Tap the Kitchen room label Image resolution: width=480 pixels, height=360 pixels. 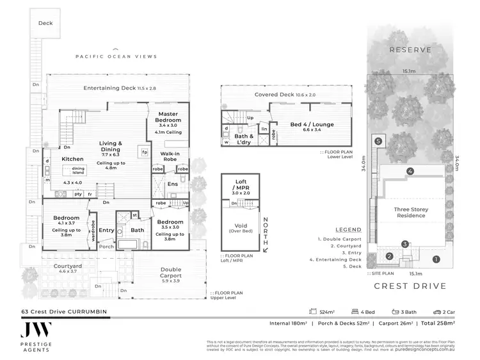pyautogui.click(x=72, y=158)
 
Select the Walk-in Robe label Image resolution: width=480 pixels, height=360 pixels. pyautogui.click(x=170, y=157)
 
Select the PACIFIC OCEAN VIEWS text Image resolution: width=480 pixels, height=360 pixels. pyautogui.click(x=116, y=56)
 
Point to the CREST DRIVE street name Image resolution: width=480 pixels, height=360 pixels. pyautogui.click(x=409, y=287)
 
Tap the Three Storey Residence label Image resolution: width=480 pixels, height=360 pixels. pyautogui.click(x=410, y=212)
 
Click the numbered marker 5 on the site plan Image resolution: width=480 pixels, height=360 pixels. pyautogui.click(x=378, y=141)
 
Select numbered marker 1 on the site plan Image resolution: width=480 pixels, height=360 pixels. pyautogui.click(x=436, y=259)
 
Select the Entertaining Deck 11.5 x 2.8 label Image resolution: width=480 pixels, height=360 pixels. pyautogui.click(x=111, y=88)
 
